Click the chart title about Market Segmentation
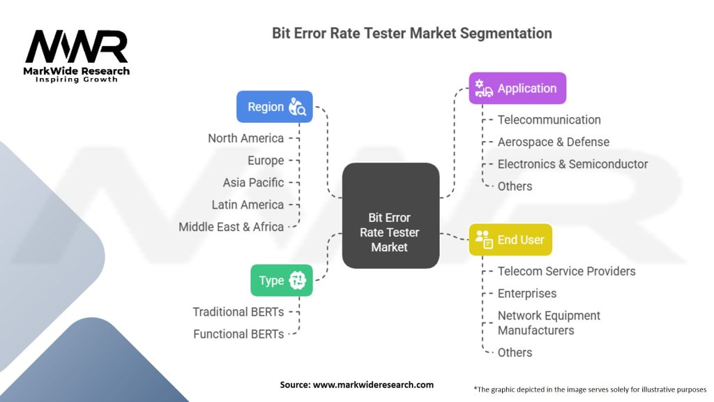coord(411,33)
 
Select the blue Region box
coord(275,107)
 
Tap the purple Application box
coord(517,89)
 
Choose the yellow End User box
coord(510,239)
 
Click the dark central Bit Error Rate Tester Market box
coord(390,232)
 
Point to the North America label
coord(245,138)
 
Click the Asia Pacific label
coord(253,183)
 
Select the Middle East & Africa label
coord(231,227)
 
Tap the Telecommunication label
coord(549,120)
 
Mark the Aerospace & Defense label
coord(553,142)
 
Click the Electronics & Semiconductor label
coord(572,165)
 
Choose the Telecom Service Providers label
coord(566,271)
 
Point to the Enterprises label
coord(526,294)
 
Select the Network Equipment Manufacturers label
coord(549,323)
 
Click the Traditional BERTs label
coord(238,312)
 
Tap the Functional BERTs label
coord(238,334)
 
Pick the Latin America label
coord(248,205)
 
